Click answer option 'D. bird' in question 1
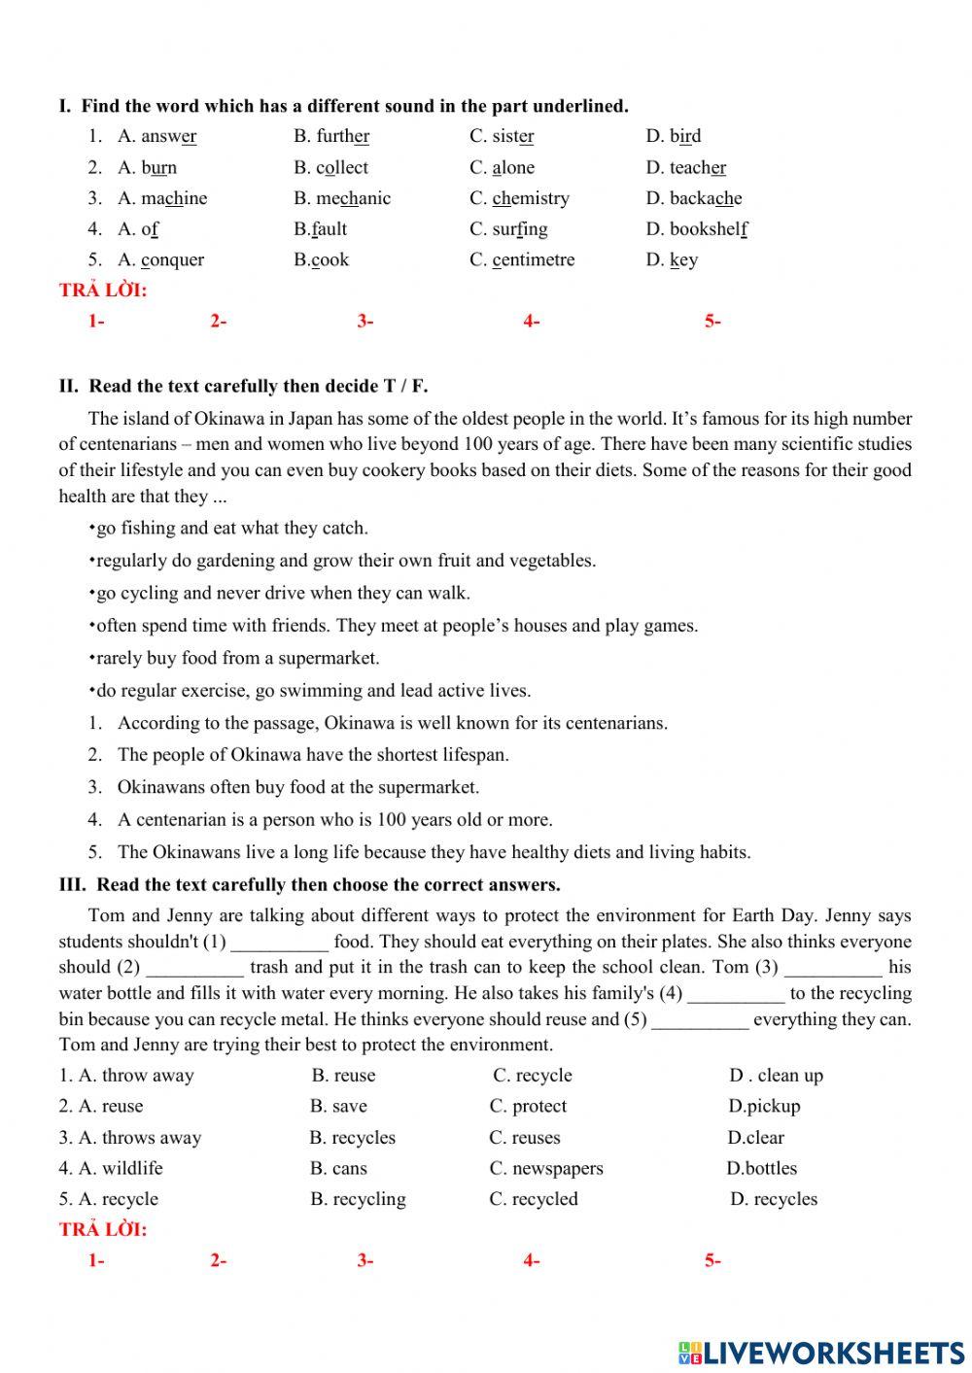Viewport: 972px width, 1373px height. [673, 136]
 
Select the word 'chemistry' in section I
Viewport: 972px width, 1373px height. [531, 198]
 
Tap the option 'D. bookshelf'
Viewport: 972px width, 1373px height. [696, 229]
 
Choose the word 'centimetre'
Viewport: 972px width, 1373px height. [534, 260]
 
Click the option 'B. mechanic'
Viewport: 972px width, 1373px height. [342, 198]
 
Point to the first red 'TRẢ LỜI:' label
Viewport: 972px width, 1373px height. [103, 290]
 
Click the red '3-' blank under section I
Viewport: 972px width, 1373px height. [365, 322]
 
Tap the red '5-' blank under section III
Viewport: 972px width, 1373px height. [712, 1261]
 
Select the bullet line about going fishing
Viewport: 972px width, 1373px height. [228, 529]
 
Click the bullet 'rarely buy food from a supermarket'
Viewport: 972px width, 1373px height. [234, 659]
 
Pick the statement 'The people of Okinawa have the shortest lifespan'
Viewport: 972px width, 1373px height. [313, 755]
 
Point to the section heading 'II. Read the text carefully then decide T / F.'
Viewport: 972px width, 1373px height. [243, 386]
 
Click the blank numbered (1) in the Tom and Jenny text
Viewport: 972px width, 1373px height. [280, 943]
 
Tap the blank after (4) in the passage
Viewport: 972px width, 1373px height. [736, 994]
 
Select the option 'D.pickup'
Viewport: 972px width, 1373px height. [764, 1107]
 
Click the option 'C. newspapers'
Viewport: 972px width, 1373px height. [546, 1169]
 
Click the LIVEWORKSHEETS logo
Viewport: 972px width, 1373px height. [821, 1353]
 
